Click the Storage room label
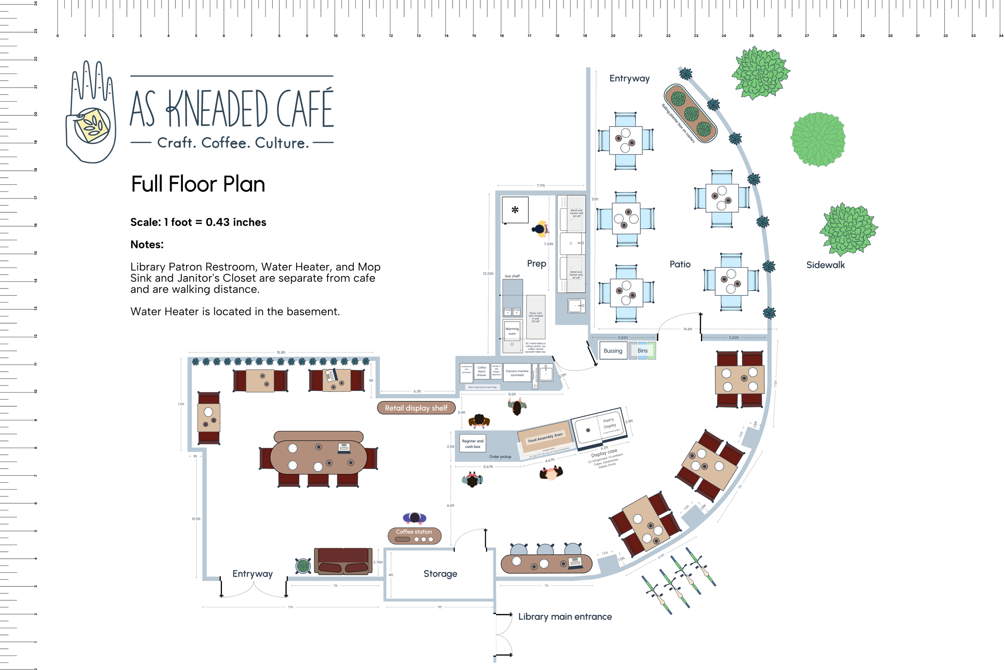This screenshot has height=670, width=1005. [x=440, y=574]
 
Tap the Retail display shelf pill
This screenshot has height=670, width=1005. [x=416, y=408]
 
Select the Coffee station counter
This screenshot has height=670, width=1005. [x=414, y=535]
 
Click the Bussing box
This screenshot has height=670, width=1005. [x=613, y=351]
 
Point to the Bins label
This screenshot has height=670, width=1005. [x=642, y=351]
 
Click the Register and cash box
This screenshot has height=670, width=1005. [x=473, y=444]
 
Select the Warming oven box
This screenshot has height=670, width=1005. [x=512, y=331]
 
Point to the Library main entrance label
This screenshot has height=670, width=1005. [x=565, y=617]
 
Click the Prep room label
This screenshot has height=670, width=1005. [x=536, y=264]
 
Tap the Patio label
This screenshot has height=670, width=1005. [x=680, y=264]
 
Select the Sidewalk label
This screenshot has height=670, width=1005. [x=825, y=265]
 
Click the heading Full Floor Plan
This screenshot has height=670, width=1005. [x=198, y=184]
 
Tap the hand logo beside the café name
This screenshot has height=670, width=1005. [x=91, y=112]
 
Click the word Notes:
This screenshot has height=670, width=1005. [x=147, y=244]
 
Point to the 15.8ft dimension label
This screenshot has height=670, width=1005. [x=281, y=352]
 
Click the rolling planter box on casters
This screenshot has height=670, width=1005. [x=690, y=113]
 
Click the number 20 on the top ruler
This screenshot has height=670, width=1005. [x=613, y=36]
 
